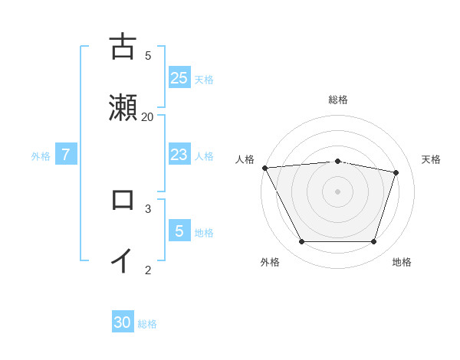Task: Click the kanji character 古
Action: click(123, 47)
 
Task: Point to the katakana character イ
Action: click(123, 260)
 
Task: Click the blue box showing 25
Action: click(179, 77)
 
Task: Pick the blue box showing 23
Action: click(179, 155)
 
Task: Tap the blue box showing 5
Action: click(179, 231)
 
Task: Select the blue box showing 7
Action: click(66, 155)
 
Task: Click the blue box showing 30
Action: click(123, 322)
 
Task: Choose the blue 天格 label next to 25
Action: click(204, 79)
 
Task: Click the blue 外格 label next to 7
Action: click(41, 156)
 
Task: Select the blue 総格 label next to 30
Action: click(147, 324)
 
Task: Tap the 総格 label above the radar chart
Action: click(338, 100)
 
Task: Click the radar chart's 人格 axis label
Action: click(245, 159)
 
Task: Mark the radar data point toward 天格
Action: click(396, 172)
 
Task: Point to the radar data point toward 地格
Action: click(373, 242)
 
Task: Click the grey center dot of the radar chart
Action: click(338, 191)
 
